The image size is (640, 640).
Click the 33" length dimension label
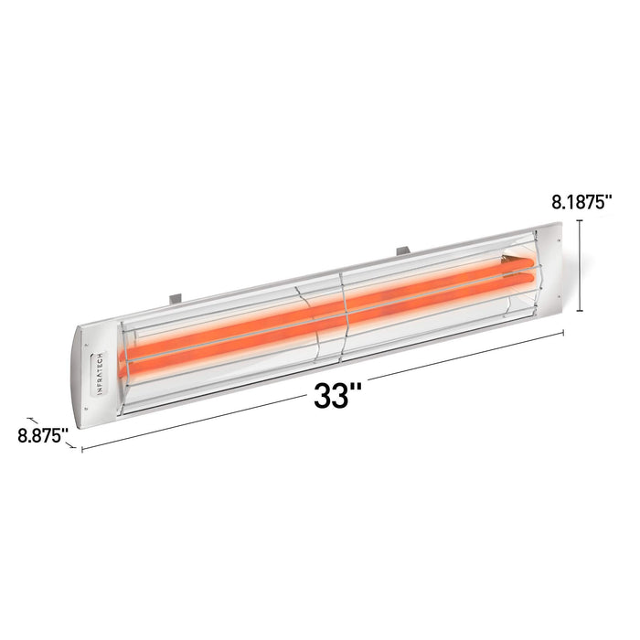pos(337,395)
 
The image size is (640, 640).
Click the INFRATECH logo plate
pos(101,376)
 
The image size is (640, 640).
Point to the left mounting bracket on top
pos(176,296)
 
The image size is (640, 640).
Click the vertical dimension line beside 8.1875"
pos(581,265)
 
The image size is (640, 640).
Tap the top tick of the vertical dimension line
pos(581,220)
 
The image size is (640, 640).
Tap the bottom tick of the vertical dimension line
pos(581,311)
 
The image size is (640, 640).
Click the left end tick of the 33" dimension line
pos(82,449)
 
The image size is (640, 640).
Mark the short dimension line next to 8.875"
pos(34,415)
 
